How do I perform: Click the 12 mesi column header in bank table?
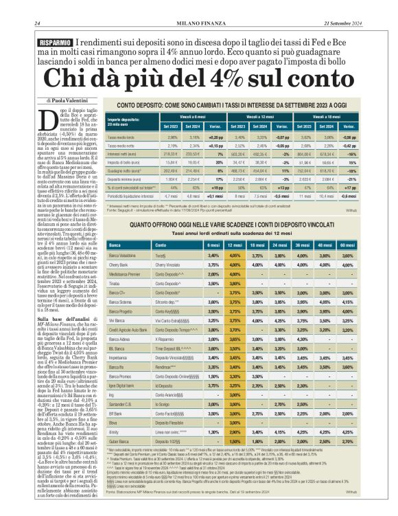[237, 245]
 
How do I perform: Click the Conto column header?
[161, 245]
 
